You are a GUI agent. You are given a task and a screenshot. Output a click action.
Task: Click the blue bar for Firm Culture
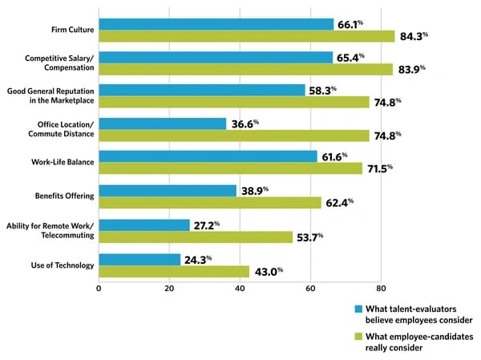coord(216,24)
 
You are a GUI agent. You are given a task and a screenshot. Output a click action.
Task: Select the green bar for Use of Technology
coord(174,271)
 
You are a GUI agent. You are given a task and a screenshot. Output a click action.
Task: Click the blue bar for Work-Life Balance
coord(208,156)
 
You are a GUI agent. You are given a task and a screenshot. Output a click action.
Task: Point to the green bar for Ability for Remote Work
coord(195,237)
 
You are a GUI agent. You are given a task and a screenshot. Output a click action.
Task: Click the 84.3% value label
coord(414,36)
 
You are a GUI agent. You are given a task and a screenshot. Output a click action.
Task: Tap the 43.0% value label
coord(269,272)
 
